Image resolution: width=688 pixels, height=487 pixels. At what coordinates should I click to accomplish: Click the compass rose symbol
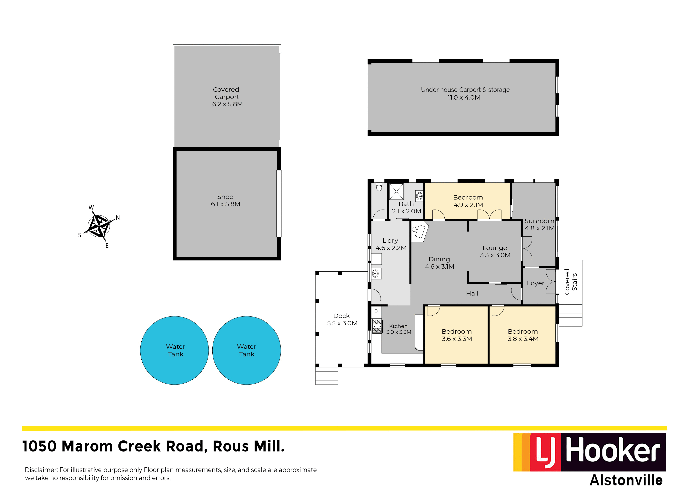[x=99, y=226]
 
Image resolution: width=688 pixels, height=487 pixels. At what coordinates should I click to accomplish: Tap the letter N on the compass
[x=118, y=218]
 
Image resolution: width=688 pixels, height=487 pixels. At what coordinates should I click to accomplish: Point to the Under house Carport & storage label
[x=465, y=90]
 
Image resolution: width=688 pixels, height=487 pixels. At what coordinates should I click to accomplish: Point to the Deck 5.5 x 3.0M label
[x=342, y=319]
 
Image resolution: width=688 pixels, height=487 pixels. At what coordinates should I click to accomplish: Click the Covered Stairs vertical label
[x=571, y=281]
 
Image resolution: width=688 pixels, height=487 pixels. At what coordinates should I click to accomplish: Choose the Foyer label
[x=535, y=283]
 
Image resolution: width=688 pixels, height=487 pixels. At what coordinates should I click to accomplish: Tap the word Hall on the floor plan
[x=472, y=293]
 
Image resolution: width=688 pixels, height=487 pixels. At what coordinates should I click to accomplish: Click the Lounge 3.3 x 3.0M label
[x=495, y=251]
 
